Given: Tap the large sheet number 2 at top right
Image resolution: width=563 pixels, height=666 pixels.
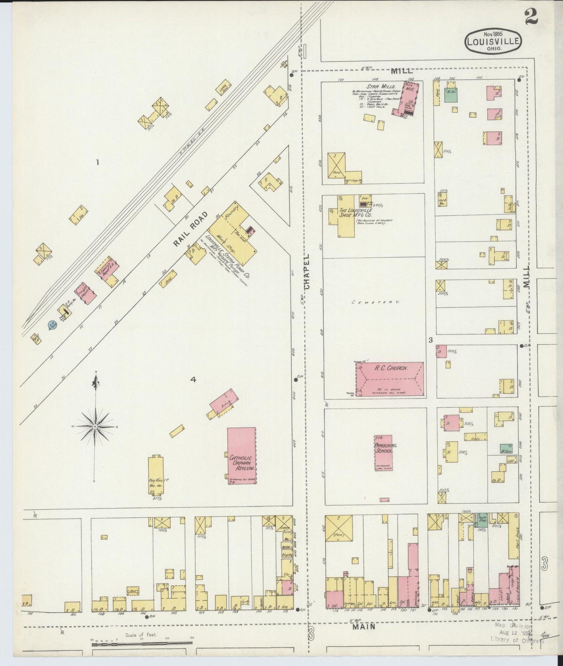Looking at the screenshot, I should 531,16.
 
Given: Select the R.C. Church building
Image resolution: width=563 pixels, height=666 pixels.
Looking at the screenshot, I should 390,379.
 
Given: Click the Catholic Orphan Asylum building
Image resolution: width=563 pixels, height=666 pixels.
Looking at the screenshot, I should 242,456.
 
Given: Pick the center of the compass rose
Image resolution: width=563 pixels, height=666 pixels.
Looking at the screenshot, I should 95,427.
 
